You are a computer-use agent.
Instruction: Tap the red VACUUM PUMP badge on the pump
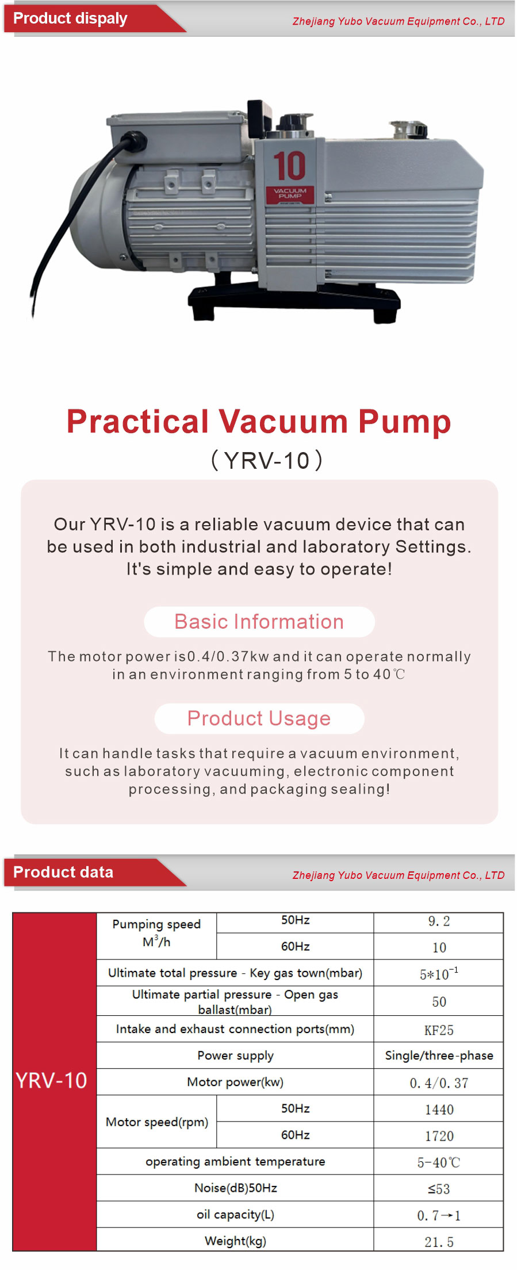click(x=290, y=194)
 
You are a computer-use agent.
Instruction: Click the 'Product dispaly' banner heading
click(x=70, y=18)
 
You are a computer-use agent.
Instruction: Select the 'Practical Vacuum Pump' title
click(x=259, y=421)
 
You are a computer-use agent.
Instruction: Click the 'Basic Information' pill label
click(x=259, y=622)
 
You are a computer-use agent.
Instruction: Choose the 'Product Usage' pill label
click(x=259, y=718)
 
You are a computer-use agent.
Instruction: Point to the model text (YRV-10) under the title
click(x=267, y=461)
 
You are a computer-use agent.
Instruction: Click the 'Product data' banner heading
click(x=63, y=872)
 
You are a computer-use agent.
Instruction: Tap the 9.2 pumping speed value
click(x=439, y=921)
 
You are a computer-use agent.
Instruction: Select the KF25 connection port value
click(x=439, y=1030)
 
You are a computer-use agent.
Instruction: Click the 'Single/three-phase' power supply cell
click(x=439, y=1055)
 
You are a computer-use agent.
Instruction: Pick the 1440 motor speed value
click(x=439, y=1110)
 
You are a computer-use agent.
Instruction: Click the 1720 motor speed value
click(x=439, y=1136)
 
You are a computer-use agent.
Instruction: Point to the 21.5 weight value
click(x=439, y=1242)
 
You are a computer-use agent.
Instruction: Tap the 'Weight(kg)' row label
click(x=235, y=1241)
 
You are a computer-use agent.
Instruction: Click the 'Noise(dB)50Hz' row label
click(x=235, y=1188)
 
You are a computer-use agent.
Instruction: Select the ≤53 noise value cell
click(x=439, y=1189)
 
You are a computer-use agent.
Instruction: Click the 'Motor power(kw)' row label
click(x=235, y=1082)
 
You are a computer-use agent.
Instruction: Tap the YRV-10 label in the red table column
click(x=51, y=1081)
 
